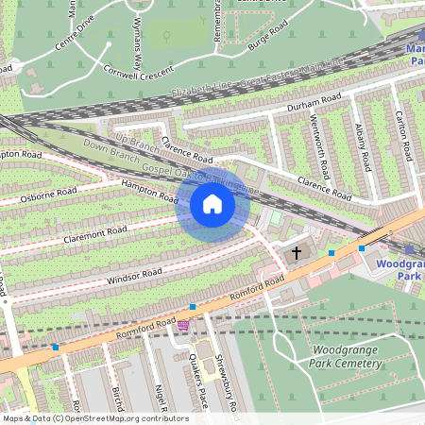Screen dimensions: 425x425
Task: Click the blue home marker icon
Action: [212, 204]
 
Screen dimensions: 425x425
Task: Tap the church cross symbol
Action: [297, 253]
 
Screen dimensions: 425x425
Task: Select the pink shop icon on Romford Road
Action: [182, 325]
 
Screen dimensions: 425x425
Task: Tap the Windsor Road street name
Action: [134, 276]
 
